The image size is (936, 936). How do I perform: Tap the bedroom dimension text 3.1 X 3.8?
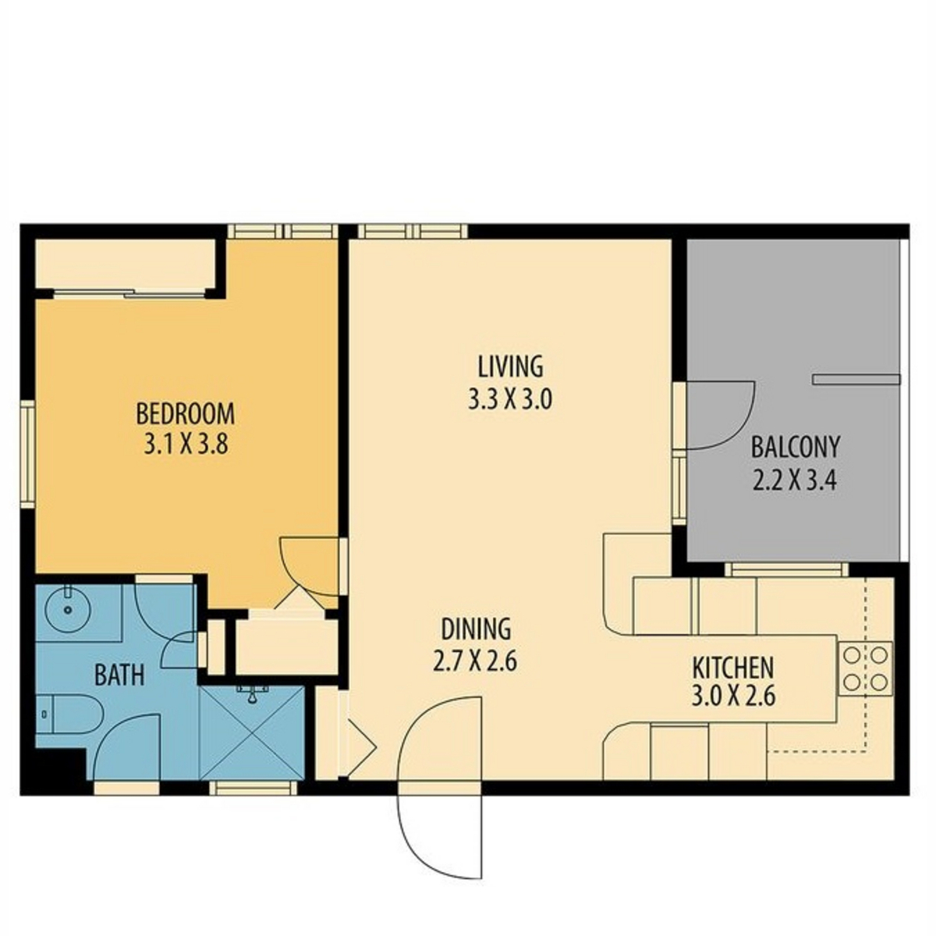coord(186,445)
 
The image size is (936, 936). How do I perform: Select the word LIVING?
coord(510,367)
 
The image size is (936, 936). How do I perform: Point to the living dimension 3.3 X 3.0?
coord(510,400)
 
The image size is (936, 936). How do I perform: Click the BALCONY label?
coord(795,447)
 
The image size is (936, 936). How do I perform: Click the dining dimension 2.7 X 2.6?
coord(474,661)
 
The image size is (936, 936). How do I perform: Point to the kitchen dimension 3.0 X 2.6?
coord(732,696)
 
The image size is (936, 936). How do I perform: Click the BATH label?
coord(119,675)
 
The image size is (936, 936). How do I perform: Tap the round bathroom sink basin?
coord(68,608)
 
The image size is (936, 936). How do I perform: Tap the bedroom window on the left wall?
coord(27,454)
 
